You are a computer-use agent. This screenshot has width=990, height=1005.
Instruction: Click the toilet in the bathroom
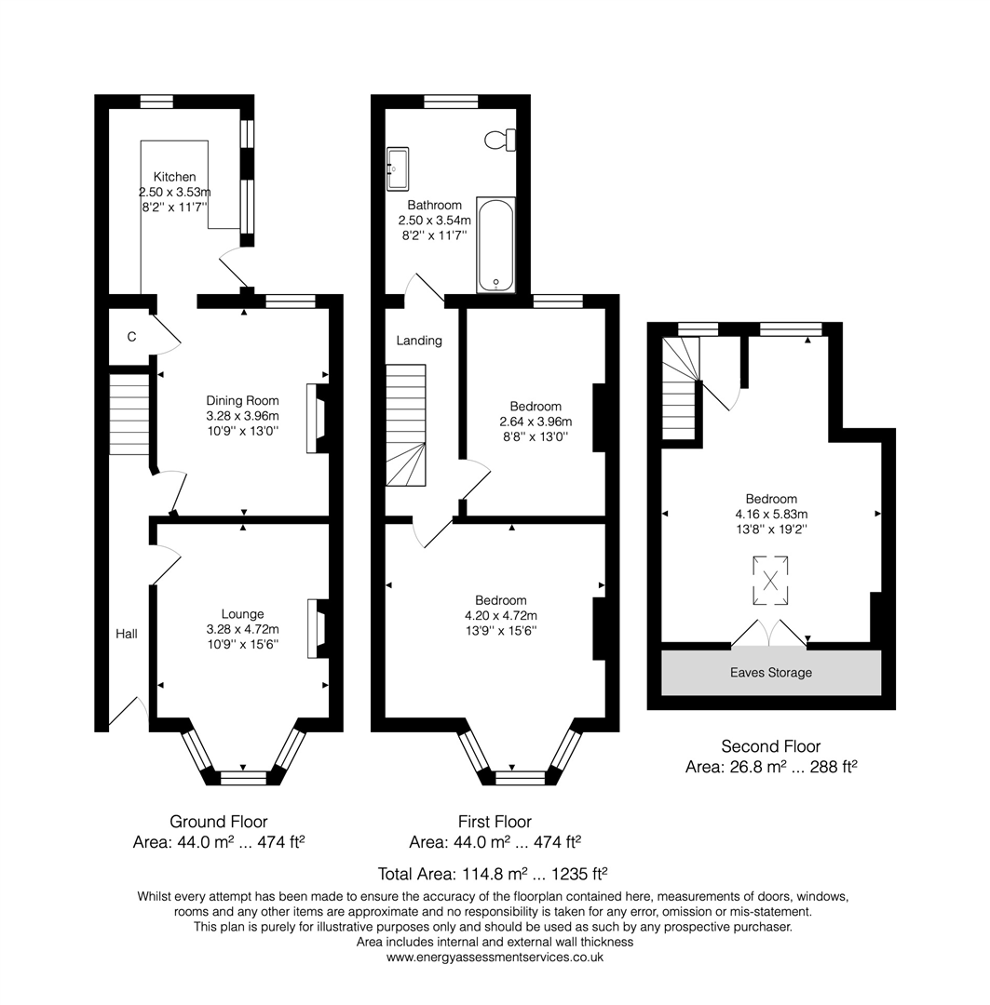(x=500, y=140)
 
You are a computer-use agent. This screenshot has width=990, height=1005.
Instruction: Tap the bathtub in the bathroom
(x=496, y=244)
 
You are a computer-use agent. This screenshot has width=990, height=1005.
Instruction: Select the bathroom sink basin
(x=397, y=169)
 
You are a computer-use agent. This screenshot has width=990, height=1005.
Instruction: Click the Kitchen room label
(x=174, y=177)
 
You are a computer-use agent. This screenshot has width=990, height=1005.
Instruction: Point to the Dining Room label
(x=242, y=400)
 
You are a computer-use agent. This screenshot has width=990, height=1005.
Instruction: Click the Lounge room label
(x=242, y=614)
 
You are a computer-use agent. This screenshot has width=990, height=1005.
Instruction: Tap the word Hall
(x=127, y=634)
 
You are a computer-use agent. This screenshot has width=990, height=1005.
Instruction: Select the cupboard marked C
(x=131, y=337)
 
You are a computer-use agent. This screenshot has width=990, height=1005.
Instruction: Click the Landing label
(x=419, y=341)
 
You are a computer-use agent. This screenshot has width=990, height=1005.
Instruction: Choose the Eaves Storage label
(x=771, y=673)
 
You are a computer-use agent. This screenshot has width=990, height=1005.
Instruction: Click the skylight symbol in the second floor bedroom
(x=770, y=581)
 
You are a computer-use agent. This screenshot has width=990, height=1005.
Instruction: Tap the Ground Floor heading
(x=218, y=822)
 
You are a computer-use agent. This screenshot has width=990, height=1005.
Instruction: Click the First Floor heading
(x=495, y=822)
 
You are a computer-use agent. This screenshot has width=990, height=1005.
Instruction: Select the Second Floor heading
(x=771, y=746)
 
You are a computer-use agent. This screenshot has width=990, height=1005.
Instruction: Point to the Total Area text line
(x=493, y=874)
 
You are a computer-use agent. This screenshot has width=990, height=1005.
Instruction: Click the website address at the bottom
(x=495, y=958)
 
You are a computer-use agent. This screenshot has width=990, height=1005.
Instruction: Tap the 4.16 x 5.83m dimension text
(x=771, y=514)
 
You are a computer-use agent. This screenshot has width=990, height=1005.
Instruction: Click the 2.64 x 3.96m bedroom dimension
(x=536, y=422)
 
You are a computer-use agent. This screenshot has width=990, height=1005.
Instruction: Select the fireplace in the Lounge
(x=319, y=628)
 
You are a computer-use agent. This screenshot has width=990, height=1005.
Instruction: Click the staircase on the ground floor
(x=129, y=414)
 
